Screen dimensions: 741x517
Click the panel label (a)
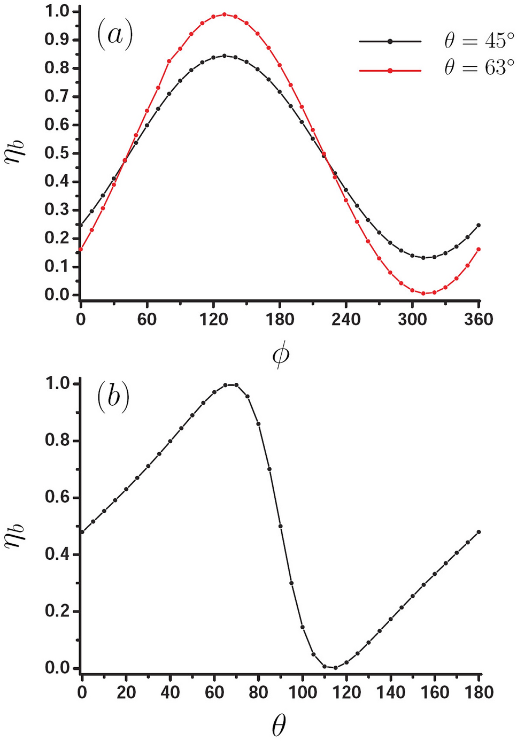click(x=114, y=35)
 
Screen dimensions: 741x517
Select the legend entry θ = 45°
click(x=479, y=41)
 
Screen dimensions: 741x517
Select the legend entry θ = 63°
click(x=479, y=68)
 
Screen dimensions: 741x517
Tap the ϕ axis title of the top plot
click(x=280, y=355)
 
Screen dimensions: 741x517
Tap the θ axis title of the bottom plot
click(x=279, y=725)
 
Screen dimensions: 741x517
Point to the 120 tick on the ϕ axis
click(x=213, y=320)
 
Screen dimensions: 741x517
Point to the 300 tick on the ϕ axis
click(x=412, y=320)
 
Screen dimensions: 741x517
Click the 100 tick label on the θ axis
click(x=303, y=693)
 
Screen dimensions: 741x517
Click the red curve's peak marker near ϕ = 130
click(x=225, y=14)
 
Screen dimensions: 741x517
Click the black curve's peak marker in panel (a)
click(x=225, y=56)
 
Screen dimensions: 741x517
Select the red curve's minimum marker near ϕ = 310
click(x=423, y=294)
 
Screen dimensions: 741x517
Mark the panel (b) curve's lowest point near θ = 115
click(x=335, y=668)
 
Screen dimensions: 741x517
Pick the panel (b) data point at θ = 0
click(x=82, y=532)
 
